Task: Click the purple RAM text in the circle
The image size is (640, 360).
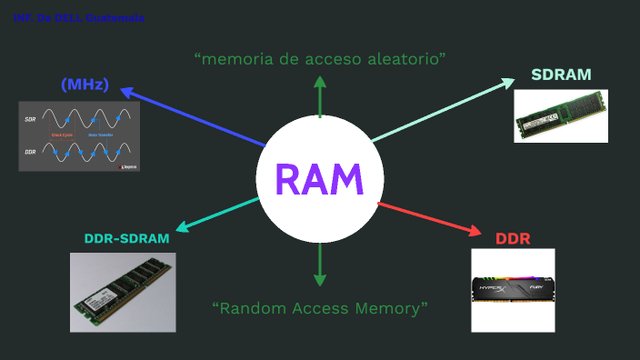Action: click(x=319, y=179)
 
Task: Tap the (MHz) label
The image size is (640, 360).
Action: click(x=85, y=85)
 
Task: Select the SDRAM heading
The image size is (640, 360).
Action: click(x=561, y=75)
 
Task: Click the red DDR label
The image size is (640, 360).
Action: click(x=513, y=239)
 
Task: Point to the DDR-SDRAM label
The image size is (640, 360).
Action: click(x=126, y=239)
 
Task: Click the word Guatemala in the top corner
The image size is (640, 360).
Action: click(x=115, y=18)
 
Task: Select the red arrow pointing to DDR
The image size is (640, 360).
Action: click(x=427, y=219)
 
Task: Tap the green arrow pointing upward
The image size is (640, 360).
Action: click(x=319, y=96)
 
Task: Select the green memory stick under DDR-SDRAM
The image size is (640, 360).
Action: click(x=123, y=292)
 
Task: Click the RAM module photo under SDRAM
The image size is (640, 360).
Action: click(x=560, y=116)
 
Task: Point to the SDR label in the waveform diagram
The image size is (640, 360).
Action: click(x=30, y=119)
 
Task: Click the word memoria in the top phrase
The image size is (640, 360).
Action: click(x=231, y=59)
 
